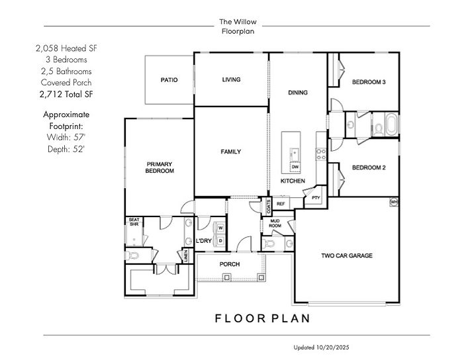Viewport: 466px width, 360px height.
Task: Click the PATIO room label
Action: (169, 80)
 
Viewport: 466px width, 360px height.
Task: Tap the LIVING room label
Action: (230, 80)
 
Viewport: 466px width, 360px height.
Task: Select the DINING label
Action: (297, 93)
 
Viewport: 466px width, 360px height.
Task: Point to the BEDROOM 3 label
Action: (369, 82)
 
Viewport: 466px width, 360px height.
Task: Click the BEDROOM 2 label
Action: (369, 168)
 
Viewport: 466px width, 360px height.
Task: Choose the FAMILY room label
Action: (230, 152)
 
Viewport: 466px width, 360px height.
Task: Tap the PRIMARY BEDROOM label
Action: (160, 167)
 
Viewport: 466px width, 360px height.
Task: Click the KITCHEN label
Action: (292, 181)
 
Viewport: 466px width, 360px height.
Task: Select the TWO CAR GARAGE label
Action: (347, 255)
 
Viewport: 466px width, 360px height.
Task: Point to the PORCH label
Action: (230, 264)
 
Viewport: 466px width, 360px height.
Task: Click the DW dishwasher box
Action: (295, 167)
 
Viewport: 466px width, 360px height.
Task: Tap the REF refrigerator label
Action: (280, 204)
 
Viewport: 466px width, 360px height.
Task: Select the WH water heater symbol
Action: (394, 202)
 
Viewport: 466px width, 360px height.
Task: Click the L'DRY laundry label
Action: (203, 241)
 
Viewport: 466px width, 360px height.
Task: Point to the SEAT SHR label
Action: (133, 222)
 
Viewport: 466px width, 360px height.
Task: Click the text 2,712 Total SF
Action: (65, 95)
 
